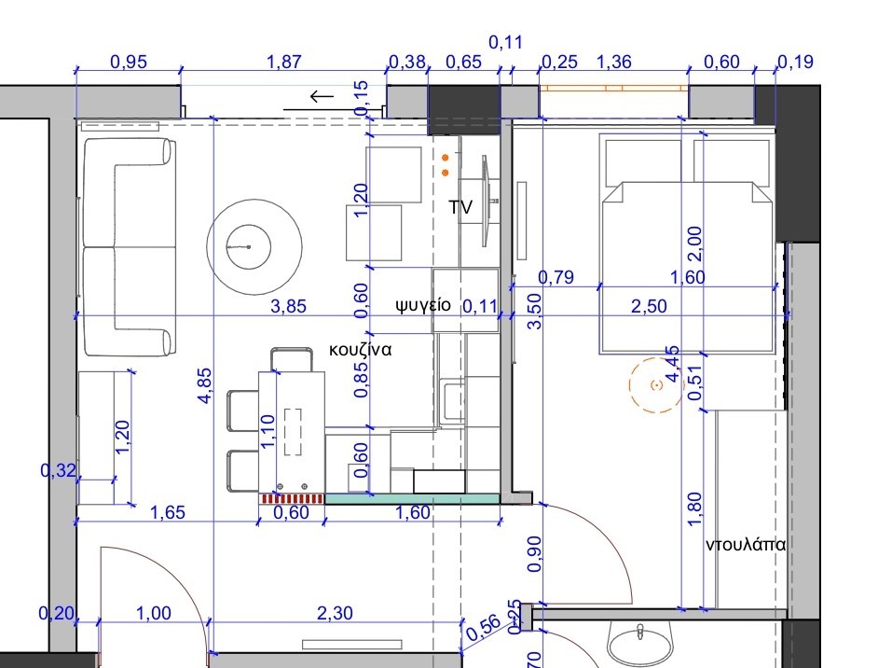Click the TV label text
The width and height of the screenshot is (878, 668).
pos(460,207)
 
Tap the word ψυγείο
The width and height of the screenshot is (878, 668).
pos(423,304)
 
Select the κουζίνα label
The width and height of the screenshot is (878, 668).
pos(359,351)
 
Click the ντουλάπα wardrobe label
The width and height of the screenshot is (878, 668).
pos(746,544)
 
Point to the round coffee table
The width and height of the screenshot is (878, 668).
pos(253,246)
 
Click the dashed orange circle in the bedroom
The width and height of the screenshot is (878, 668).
pos(655,384)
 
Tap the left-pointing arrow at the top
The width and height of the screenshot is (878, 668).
pos(321,96)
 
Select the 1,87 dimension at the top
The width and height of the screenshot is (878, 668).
pos(283,63)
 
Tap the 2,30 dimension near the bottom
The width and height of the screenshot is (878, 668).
pos(336,613)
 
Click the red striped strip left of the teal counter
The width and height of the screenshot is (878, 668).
pos(292,499)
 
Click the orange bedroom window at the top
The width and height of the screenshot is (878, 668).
pos(614,89)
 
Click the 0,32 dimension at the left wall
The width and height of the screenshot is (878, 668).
pos(55,471)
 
